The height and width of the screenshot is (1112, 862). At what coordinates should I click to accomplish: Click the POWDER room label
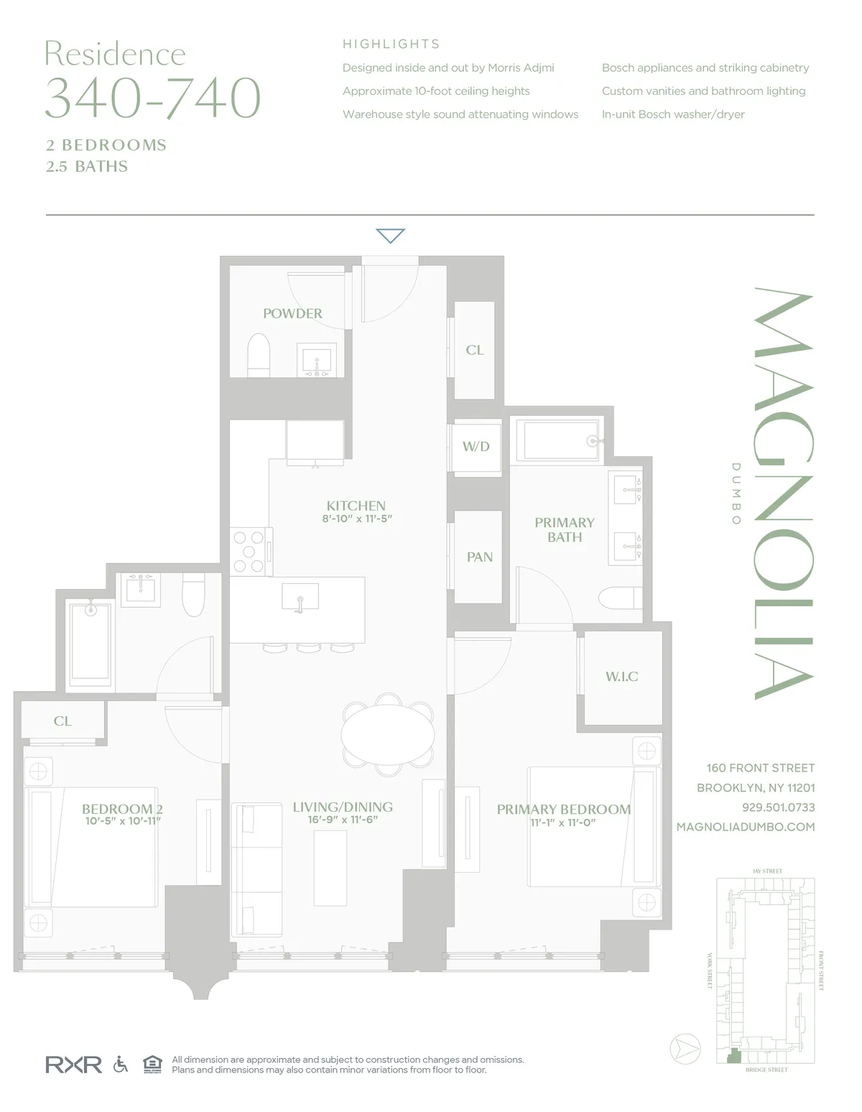(x=292, y=314)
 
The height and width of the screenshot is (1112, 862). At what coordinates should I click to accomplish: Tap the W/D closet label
(x=476, y=447)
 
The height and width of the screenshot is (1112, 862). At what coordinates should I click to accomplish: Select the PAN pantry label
(x=479, y=557)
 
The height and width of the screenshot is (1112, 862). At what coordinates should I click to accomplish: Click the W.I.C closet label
(x=621, y=677)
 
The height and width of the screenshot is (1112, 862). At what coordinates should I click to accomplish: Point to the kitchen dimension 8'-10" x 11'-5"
(x=357, y=519)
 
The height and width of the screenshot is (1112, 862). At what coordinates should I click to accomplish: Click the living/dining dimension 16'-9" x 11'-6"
(x=343, y=820)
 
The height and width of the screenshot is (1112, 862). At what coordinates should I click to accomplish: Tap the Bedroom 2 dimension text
(x=123, y=821)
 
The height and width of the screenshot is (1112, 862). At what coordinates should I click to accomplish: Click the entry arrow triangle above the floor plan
(x=391, y=235)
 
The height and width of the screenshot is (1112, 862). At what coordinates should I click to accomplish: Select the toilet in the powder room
(x=258, y=355)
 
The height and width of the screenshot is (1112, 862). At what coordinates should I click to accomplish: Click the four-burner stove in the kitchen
(x=249, y=551)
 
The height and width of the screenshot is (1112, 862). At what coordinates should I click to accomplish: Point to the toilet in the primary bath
(x=620, y=598)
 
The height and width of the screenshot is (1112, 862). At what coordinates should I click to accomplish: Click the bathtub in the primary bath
(x=560, y=440)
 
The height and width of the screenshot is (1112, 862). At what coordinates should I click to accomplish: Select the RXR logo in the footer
(x=73, y=1064)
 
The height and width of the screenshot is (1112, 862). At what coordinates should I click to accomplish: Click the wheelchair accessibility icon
(x=121, y=1064)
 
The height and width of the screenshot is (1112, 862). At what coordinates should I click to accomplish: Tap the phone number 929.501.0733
(x=778, y=807)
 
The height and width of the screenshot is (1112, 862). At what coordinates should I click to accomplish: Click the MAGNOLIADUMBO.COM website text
(x=746, y=827)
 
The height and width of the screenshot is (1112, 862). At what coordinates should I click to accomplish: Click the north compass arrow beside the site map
(x=685, y=1050)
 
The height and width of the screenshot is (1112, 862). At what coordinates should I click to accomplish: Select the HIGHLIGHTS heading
(x=391, y=45)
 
